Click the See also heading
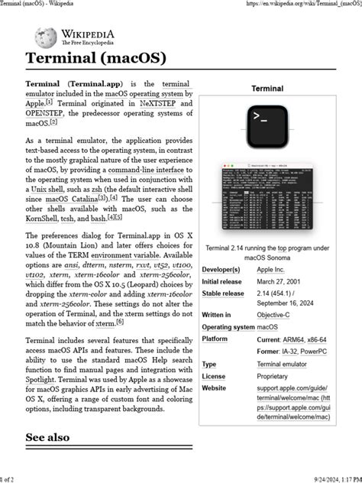tap(47, 437)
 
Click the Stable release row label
tap(223, 293)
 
